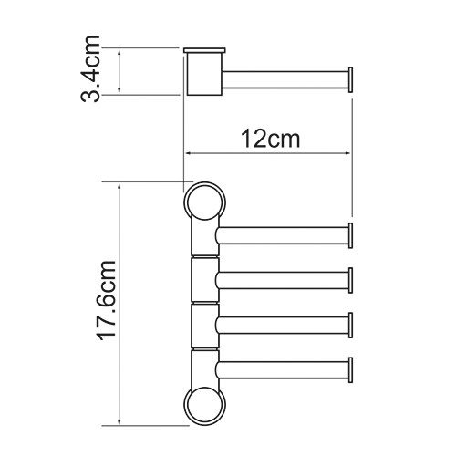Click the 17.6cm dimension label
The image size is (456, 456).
coord(102,304)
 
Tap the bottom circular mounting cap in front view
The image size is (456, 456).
coord(202,404)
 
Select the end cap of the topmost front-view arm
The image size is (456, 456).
coord(350,235)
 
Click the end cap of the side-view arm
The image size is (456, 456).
coord(350,78)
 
